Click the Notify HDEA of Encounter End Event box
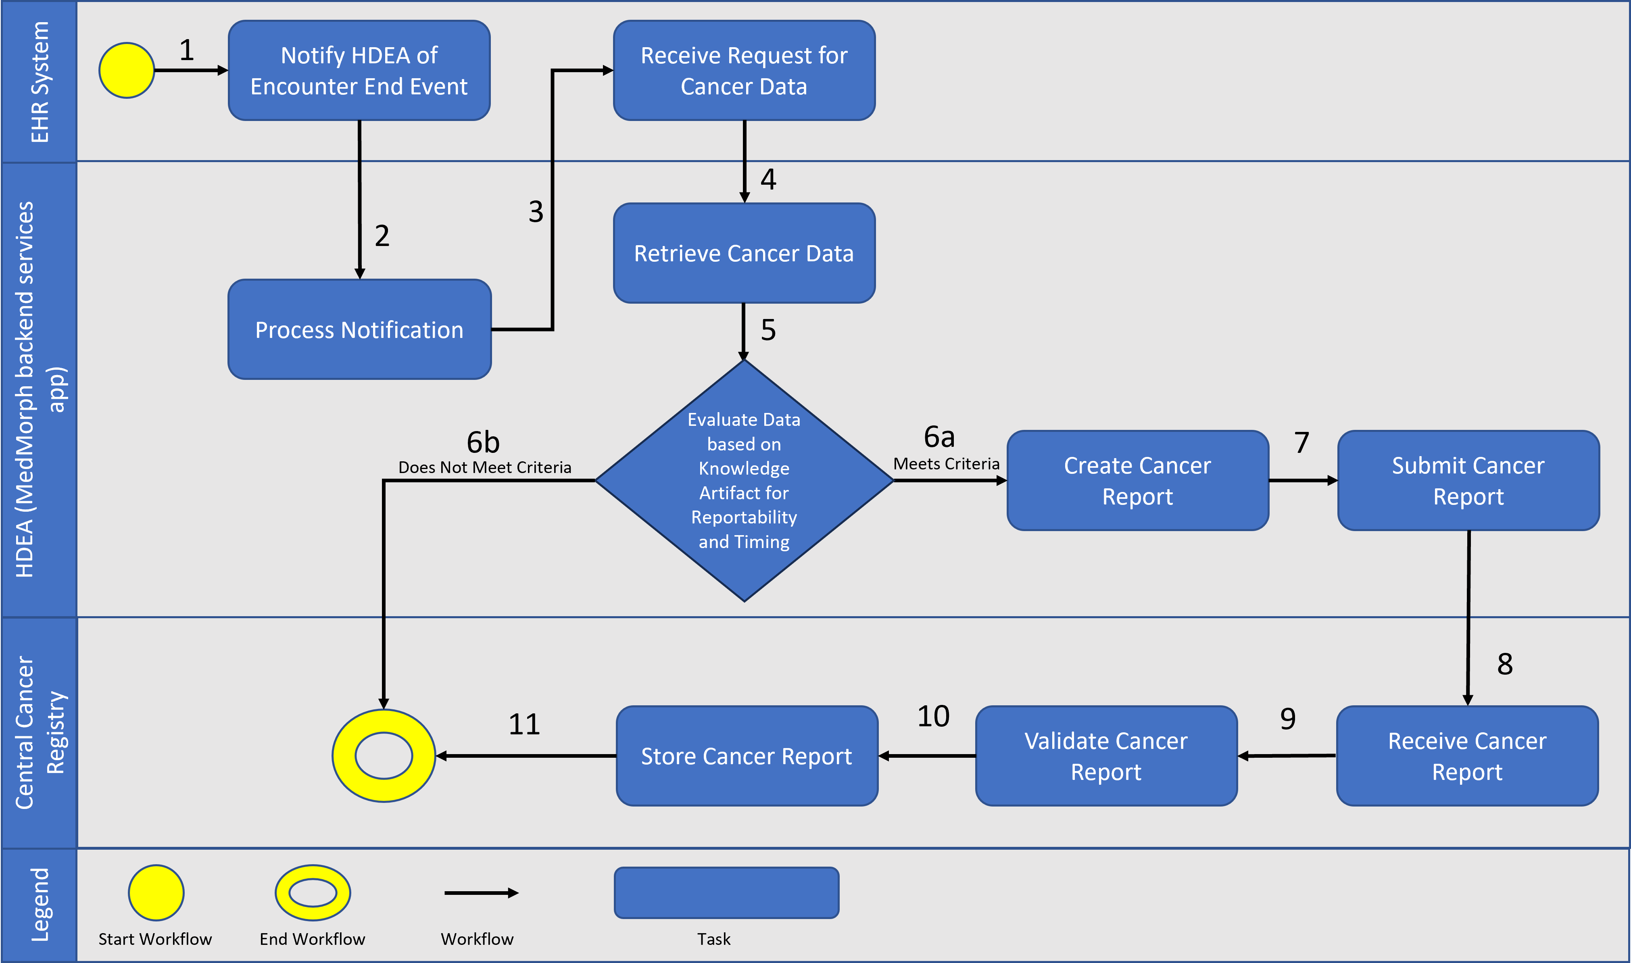(x=359, y=70)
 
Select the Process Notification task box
(x=359, y=329)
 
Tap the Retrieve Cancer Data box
(x=744, y=253)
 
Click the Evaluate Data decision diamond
(x=744, y=480)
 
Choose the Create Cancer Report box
(x=1137, y=480)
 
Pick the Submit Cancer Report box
(x=1468, y=480)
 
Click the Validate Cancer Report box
(x=1106, y=756)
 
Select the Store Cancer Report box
(x=747, y=756)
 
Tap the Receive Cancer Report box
(x=1467, y=756)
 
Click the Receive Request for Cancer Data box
(x=744, y=70)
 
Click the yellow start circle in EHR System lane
(x=127, y=70)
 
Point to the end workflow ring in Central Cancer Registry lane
(x=384, y=756)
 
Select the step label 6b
(x=483, y=442)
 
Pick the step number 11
(x=524, y=724)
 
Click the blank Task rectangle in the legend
(x=726, y=892)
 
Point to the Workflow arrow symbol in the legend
(x=481, y=893)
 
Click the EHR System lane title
(x=40, y=82)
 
